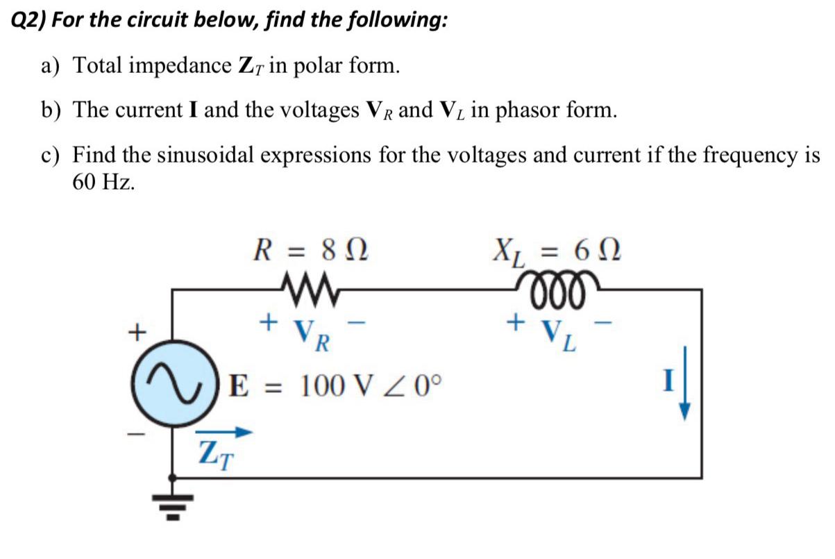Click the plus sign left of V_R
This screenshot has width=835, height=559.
pos(267,322)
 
